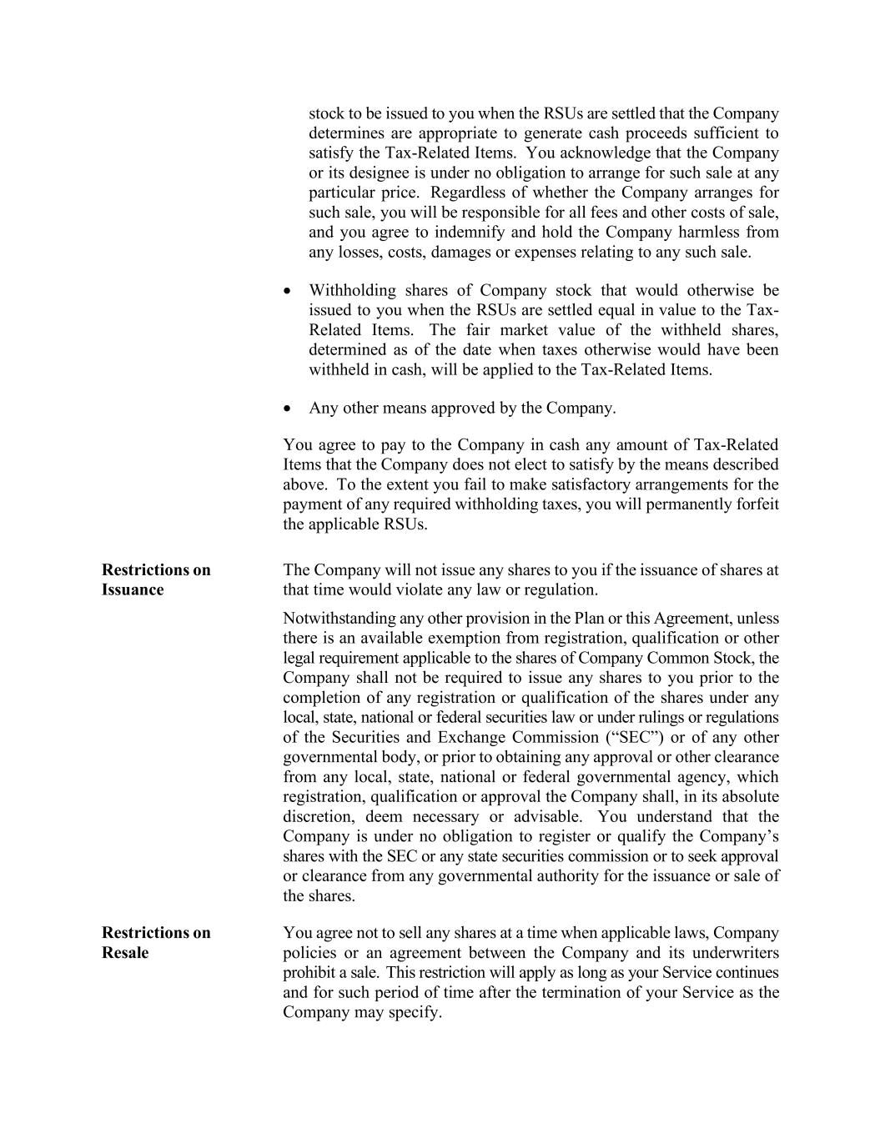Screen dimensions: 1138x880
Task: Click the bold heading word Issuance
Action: (133, 590)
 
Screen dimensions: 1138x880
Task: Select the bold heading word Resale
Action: (125, 953)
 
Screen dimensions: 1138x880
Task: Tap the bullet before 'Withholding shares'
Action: (288, 291)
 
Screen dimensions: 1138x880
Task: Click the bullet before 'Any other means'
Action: (288, 409)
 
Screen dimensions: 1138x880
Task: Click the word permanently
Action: (682, 504)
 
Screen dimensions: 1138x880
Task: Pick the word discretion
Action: (319, 817)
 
